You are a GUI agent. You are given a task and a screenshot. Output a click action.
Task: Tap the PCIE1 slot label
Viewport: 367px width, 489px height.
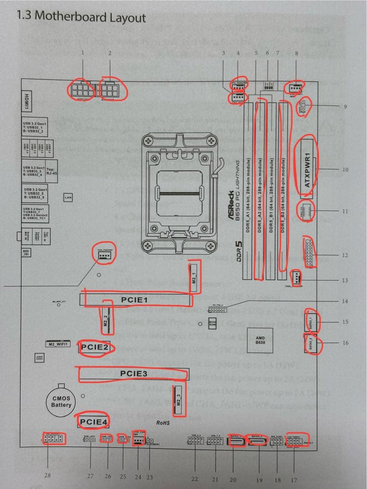(134, 300)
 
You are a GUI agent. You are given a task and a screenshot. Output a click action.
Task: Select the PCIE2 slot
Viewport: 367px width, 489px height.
(95, 347)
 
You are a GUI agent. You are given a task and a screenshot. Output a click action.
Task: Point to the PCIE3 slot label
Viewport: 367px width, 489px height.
(134, 374)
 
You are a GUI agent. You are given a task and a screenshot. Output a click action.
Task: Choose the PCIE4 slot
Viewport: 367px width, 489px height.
(94, 422)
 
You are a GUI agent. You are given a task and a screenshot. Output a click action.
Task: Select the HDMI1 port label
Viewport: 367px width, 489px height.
(27, 100)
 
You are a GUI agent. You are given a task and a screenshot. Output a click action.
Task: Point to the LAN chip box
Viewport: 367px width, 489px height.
(68, 197)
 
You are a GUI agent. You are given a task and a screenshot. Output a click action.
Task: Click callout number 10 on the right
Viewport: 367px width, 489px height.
(346, 169)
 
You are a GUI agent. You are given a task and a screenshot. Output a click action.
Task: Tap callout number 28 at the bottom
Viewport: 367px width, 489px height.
(48, 475)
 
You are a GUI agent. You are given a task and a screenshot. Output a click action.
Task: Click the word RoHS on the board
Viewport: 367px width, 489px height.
(162, 422)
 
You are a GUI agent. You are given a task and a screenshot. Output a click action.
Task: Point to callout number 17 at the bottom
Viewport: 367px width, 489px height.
(294, 479)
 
